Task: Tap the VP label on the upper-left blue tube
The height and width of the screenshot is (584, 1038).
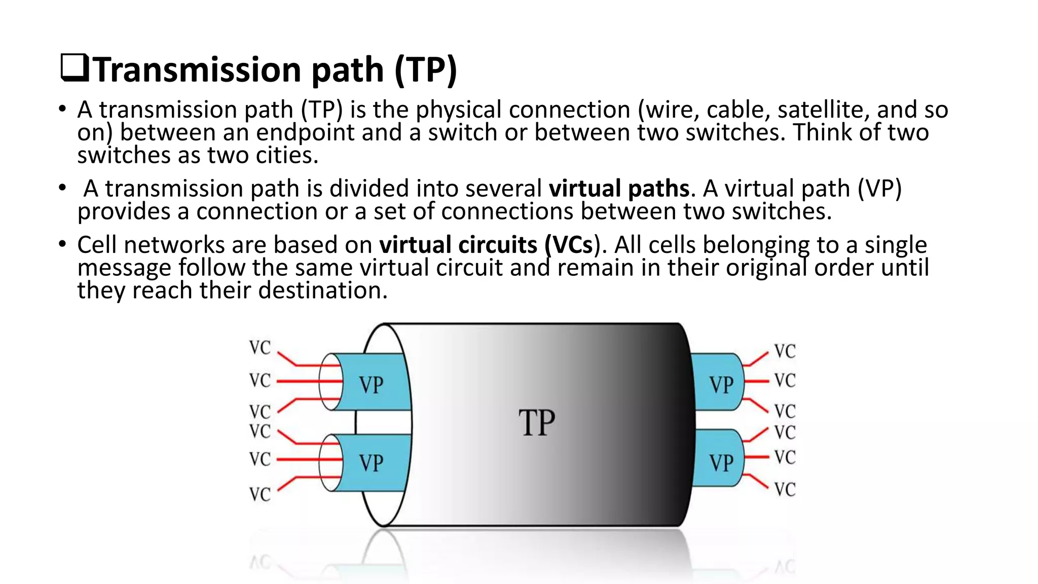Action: [x=371, y=385]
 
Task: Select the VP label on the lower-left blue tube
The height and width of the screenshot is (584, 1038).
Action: [x=371, y=463]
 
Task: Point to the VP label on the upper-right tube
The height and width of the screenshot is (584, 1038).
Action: [x=721, y=385]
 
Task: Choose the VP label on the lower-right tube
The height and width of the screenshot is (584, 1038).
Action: [x=721, y=463]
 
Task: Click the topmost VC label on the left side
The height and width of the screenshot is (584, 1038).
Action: [x=260, y=348]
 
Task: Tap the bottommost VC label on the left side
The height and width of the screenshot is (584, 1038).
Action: [x=260, y=494]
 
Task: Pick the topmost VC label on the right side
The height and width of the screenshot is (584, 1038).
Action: [x=785, y=351]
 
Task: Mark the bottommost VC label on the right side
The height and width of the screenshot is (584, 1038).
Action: [x=785, y=489]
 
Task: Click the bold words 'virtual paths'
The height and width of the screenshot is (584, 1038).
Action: [x=619, y=189]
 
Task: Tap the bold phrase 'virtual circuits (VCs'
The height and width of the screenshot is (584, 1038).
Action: [x=486, y=245]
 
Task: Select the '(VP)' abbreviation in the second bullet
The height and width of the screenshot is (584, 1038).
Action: [x=879, y=189]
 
